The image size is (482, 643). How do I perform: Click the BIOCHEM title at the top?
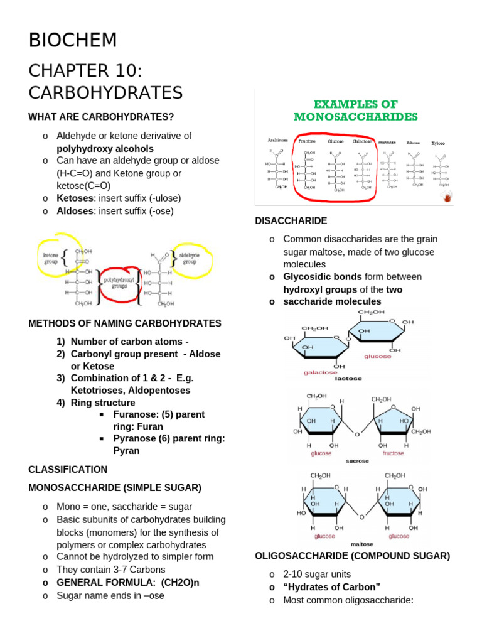(73, 40)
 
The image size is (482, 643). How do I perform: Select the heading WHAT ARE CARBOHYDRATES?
(101, 117)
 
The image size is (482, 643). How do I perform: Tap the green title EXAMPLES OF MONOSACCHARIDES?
(355, 110)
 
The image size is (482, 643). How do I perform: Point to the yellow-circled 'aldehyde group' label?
(189, 259)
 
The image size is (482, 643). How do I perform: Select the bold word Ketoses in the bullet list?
(74, 198)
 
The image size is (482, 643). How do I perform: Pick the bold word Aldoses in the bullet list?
(74, 211)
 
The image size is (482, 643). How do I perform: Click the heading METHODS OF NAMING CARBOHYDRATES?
(125, 323)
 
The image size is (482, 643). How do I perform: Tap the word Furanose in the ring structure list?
(134, 414)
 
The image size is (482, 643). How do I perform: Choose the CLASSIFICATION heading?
(68, 470)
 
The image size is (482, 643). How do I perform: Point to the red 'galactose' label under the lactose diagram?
(320, 372)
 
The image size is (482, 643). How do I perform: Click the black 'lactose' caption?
(348, 379)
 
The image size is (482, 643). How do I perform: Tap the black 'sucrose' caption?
(357, 461)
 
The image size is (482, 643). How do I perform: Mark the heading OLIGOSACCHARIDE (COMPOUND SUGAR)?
(352, 556)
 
